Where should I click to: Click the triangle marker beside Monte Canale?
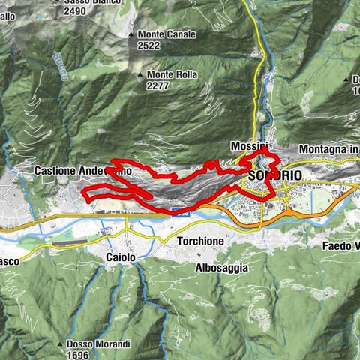pos(131,34)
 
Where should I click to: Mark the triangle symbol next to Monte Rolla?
pos(140,74)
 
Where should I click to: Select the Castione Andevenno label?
pos(82,171)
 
